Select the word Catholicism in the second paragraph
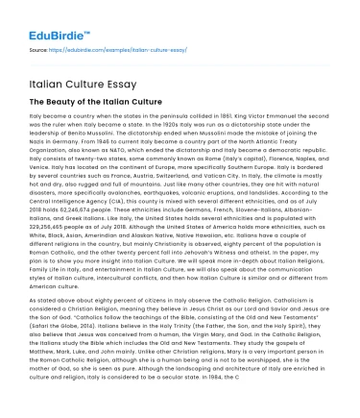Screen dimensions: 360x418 294,301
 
